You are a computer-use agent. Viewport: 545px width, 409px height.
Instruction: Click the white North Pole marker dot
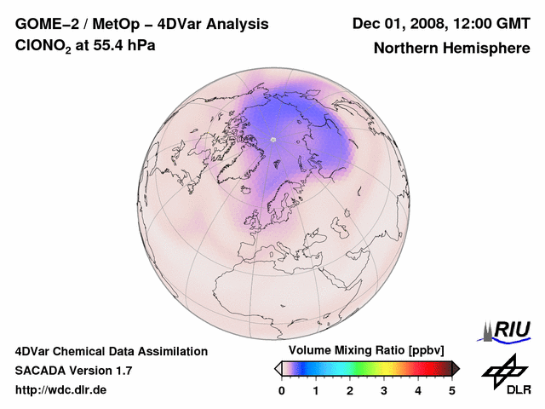pos(272,140)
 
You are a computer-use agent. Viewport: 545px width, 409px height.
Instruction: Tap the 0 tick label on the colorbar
pos(282,390)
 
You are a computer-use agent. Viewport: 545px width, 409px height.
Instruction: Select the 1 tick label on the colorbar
pos(316,390)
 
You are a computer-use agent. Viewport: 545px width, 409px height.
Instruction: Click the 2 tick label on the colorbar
pos(350,390)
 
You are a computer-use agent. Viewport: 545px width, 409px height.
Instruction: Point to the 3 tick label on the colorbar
pos(384,390)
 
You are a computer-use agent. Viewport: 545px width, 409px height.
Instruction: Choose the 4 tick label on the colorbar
pos(418,390)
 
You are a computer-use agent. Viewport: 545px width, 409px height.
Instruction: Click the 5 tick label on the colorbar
pos(452,390)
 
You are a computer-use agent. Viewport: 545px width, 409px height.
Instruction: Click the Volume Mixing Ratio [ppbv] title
pos(363,350)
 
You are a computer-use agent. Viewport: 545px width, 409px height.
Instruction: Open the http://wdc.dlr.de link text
pos(61,390)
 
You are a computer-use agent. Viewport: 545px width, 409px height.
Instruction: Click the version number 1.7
pos(122,371)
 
